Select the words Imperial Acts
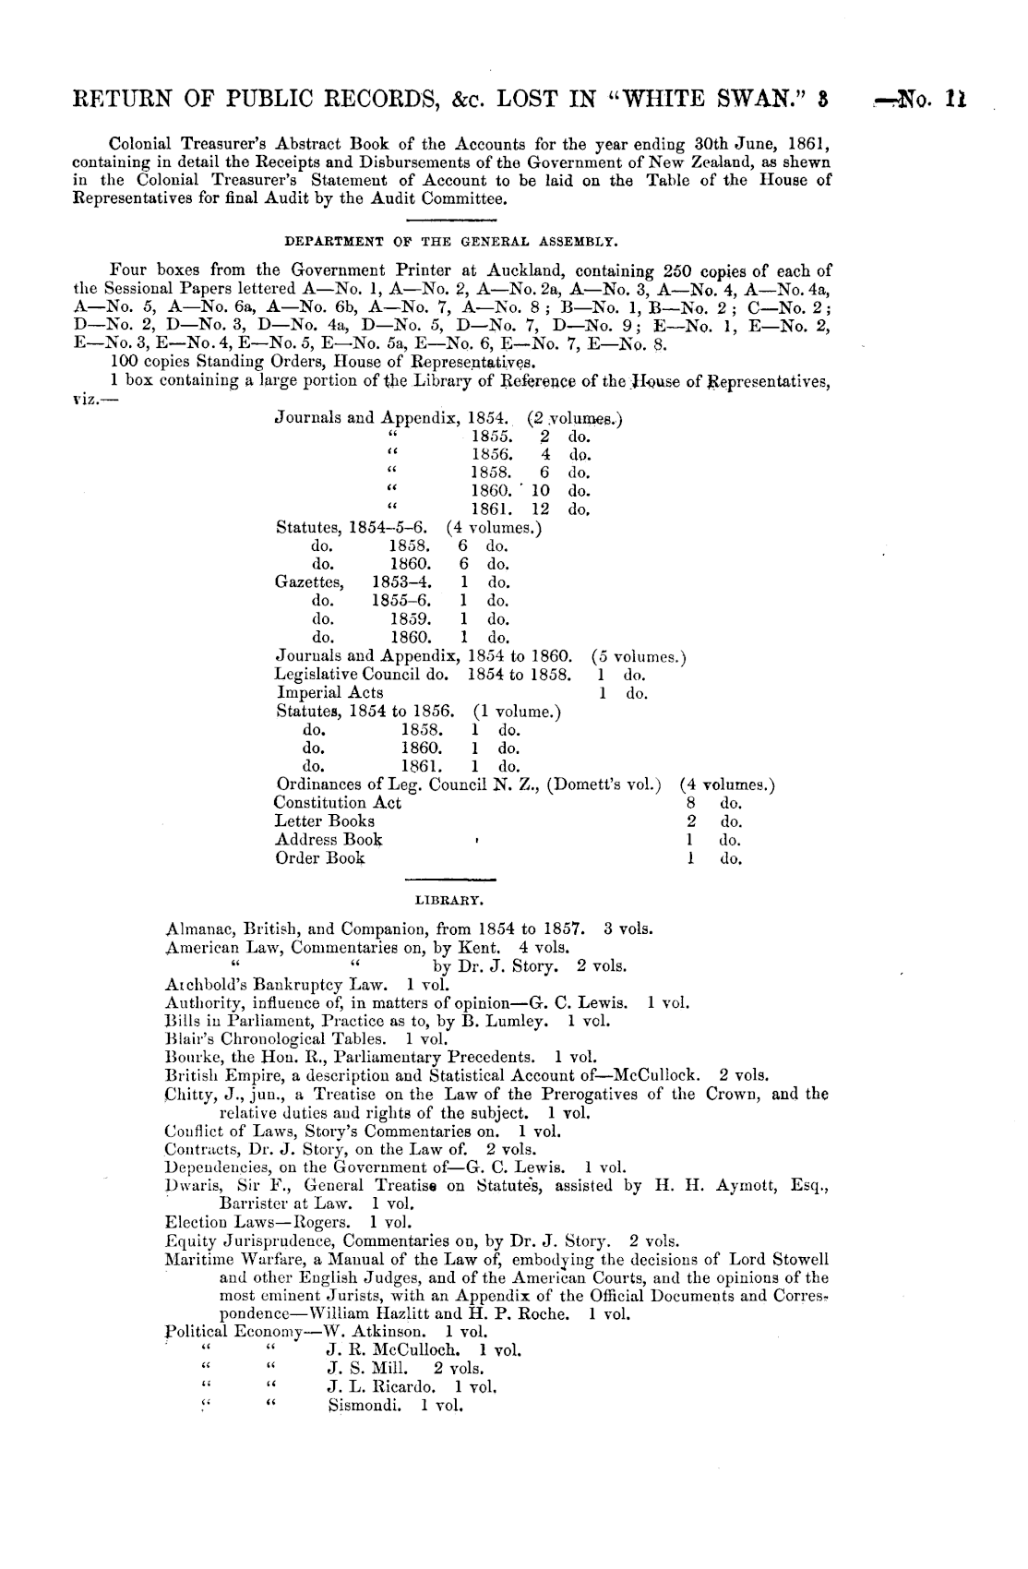click(x=329, y=692)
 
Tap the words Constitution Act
click(x=338, y=802)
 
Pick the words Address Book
click(x=329, y=839)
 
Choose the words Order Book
click(x=319, y=857)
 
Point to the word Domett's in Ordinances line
click(x=580, y=784)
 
